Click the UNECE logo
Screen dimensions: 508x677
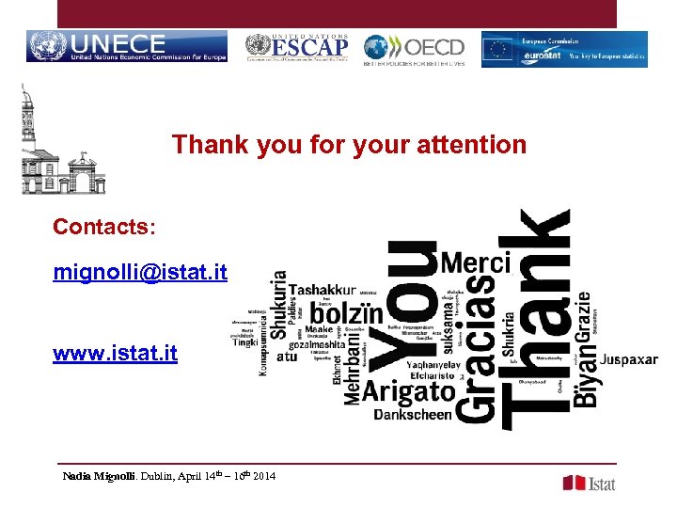pos(127,47)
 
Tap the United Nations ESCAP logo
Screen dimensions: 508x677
pos(296,47)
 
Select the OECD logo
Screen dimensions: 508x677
pos(415,49)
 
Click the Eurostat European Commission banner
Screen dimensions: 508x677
pos(564,49)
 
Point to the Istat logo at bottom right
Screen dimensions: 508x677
pos(590,483)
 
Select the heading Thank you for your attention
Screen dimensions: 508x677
pos(349,145)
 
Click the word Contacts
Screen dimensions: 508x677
pos(104,227)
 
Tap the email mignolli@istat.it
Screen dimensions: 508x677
pos(140,273)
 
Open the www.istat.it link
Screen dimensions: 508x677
pos(115,354)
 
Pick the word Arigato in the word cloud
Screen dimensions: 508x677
pos(408,391)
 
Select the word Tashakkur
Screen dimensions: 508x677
pos(322,290)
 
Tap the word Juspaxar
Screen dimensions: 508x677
pos(628,360)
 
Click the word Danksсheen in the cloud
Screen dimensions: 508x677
pos(413,414)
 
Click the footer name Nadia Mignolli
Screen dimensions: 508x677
pos(100,477)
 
